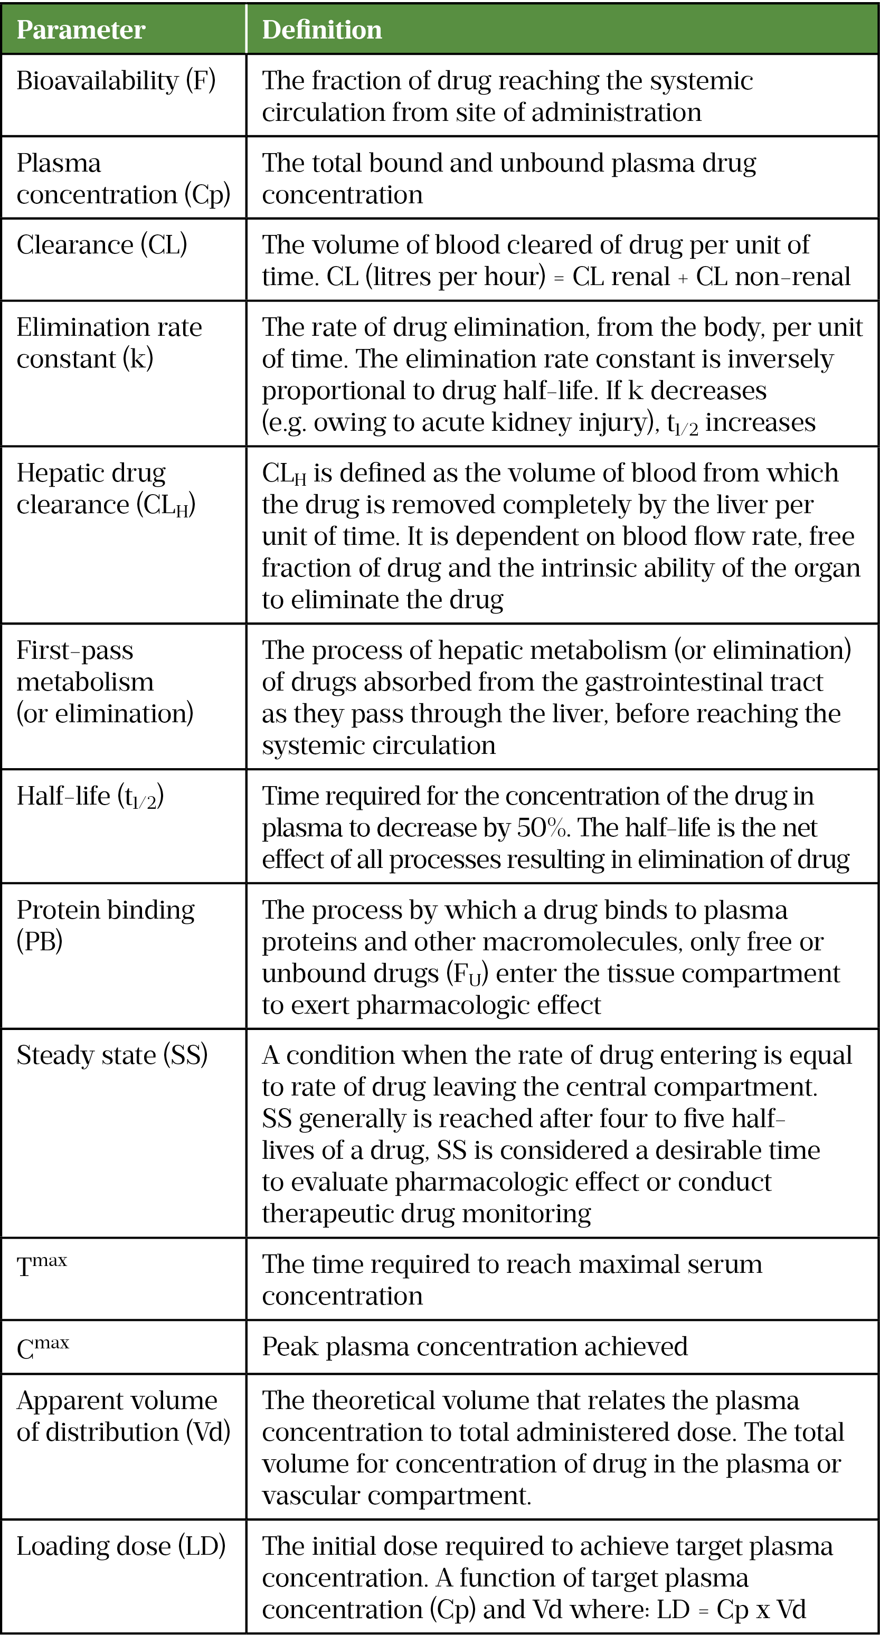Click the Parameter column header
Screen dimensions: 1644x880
pos(81,30)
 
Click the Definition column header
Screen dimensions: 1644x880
pos(321,30)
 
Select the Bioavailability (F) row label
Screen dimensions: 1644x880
pos(116,81)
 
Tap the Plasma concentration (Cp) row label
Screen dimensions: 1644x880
pos(123,178)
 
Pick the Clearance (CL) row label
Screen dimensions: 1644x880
pos(102,245)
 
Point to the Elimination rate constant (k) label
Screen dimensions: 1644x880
pos(109,343)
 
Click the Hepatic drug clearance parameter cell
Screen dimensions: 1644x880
pos(106,489)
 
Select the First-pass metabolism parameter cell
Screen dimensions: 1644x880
pos(105,682)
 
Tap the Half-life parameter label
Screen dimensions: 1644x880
pos(90,797)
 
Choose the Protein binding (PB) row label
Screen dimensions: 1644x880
pos(105,925)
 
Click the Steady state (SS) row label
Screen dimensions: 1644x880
pos(112,1055)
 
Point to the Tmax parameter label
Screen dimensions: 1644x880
pos(42,1265)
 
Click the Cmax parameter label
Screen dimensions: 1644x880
pos(43,1347)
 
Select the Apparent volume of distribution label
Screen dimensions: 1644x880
pos(123,1416)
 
